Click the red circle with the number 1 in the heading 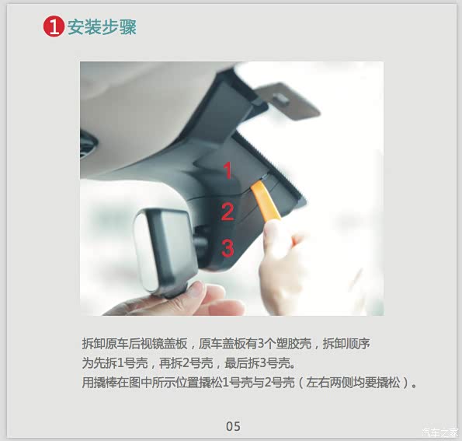coord(54,26)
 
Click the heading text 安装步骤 coord(102,27)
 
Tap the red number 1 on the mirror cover coord(228,170)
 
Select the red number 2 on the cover coord(228,212)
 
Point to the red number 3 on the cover coord(228,248)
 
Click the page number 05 coord(233,426)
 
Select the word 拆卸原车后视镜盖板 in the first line coord(134,344)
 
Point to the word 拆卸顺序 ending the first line coord(346,344)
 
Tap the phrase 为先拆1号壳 coord(115,363)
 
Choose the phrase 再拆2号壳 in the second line coord(186,363)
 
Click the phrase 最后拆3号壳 coord(257,363)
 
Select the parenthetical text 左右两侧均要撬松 coord(353,383)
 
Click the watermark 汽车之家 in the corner coord(439,432)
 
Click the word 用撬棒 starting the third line coord(99,383)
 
